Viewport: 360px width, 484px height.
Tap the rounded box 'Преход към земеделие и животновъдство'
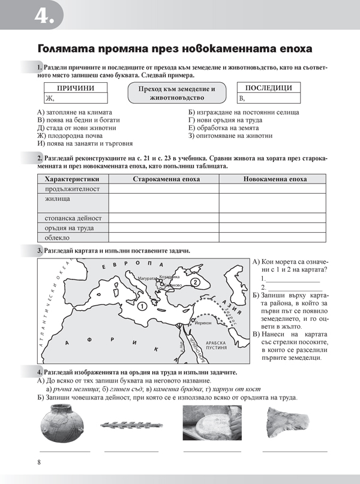pos(172,92)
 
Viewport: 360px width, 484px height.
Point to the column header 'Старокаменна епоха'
pos(163,179)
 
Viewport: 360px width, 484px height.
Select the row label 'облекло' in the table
pos(58,238)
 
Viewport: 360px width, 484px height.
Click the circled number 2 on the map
pos(194,281)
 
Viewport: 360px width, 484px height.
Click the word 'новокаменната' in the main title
pos(216,48)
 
